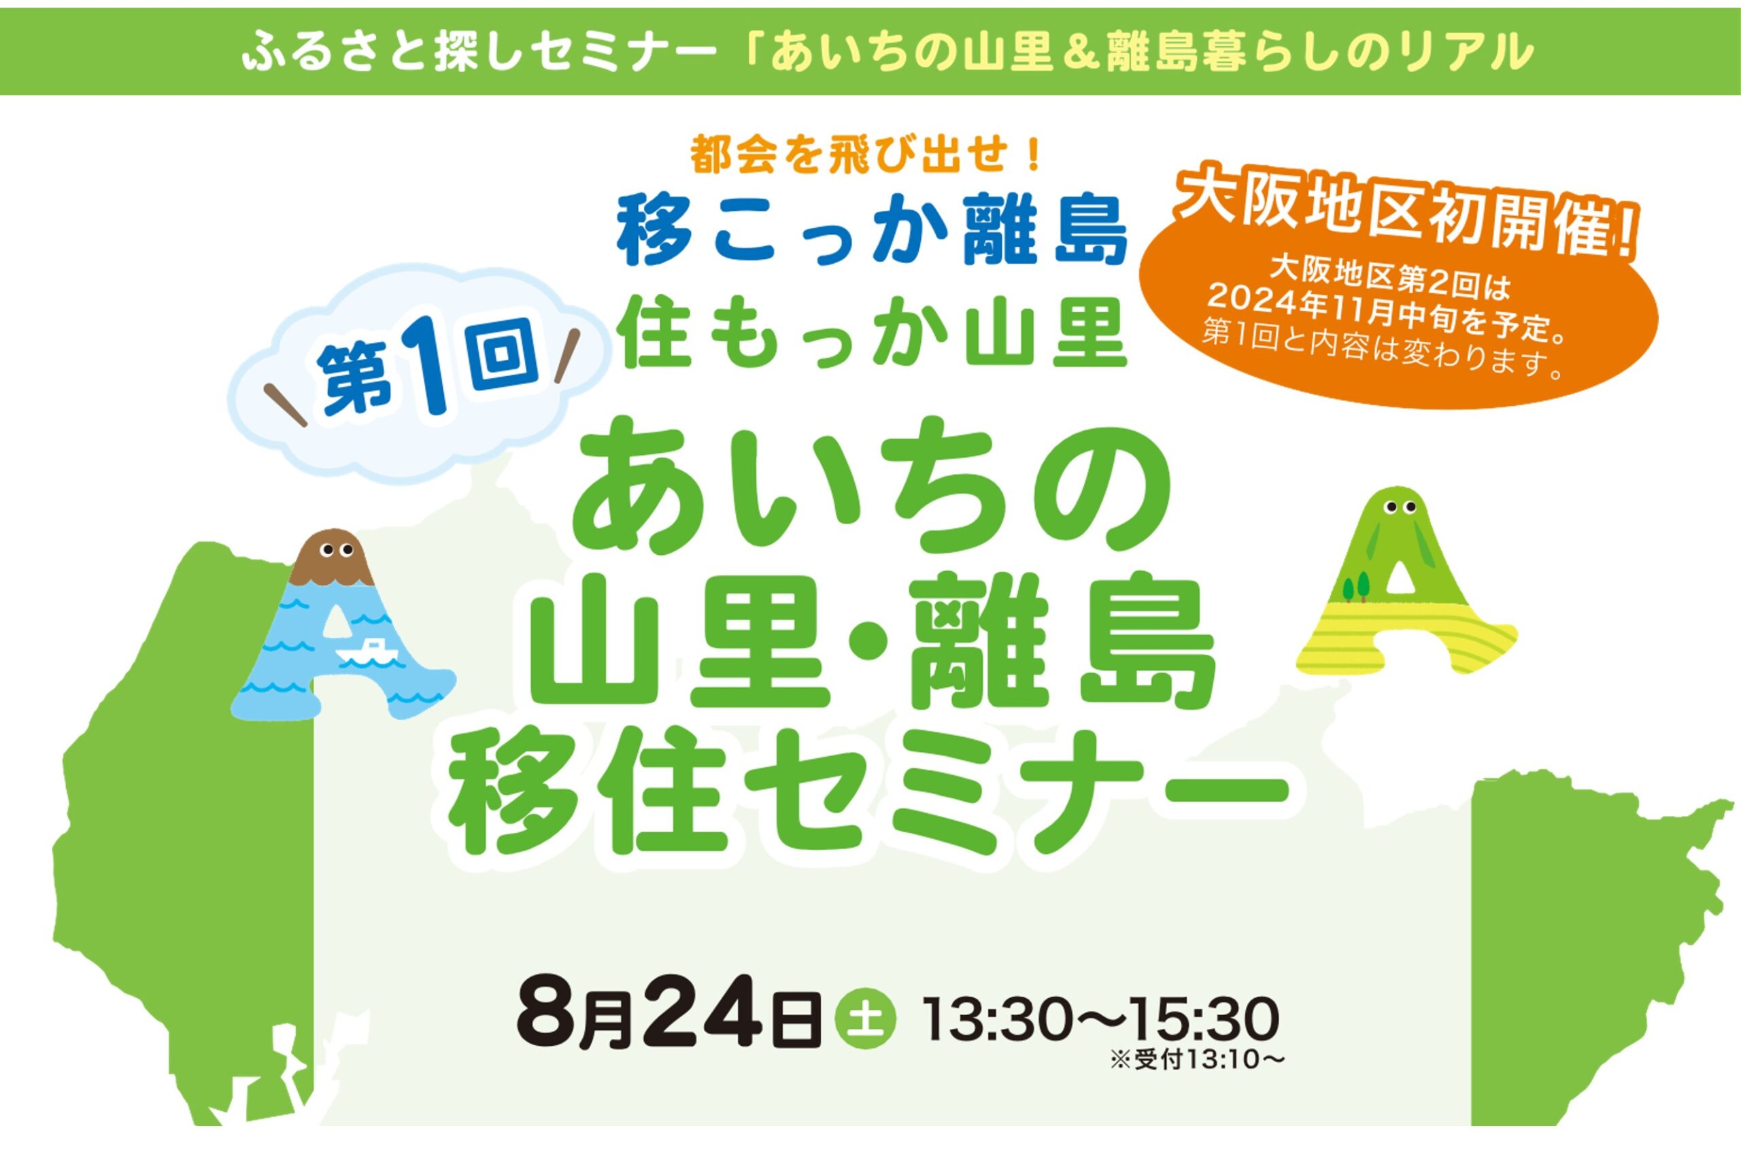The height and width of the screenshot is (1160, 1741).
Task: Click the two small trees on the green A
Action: (x=1355, y=587)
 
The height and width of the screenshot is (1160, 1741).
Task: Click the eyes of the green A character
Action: (x=1401, y=507)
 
